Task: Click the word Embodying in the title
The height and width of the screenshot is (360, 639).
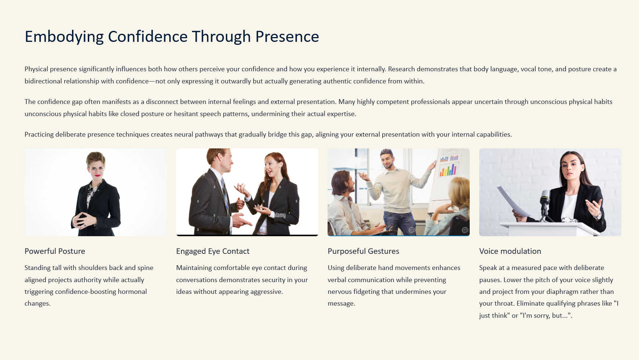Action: pyautogui.click(x=64, y=37)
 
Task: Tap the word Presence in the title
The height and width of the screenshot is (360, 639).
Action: pyautogui.click(x=287, y=36)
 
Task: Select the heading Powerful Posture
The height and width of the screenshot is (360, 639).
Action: pyautogui.click(x=55, y=251)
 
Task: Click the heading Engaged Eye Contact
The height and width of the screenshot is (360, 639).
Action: pyautogui.click(x=213, y=251)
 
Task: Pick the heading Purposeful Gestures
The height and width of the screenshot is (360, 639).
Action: pyautogui.click(x=363, y=251)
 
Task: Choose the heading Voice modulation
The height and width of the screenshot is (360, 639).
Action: pyautogui.click(x=510, y=251)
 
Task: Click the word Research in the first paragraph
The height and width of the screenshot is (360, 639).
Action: pyautogui.click(x=401, y=69)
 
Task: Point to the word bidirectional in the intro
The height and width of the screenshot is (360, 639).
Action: pyautogui.click(x=43, y=81)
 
